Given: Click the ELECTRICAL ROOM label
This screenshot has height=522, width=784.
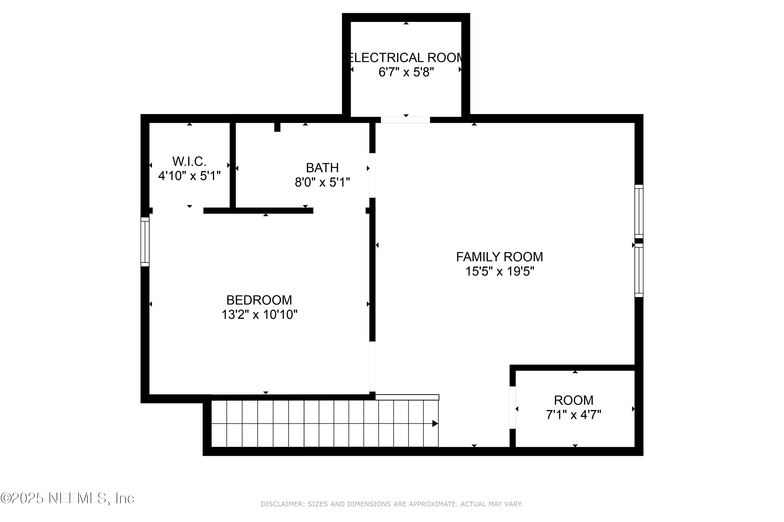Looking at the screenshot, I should (406, 58).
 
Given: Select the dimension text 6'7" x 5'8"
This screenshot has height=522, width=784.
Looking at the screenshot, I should (406, 72).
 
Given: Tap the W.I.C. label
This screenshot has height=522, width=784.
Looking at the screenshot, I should (189, 162).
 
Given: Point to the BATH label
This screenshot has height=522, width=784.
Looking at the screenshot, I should (322, 168).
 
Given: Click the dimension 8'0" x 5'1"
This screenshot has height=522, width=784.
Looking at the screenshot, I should (322, 182).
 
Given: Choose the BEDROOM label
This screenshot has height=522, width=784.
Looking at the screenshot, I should (259, 300).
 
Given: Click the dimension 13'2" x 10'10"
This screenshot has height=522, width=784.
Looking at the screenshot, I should (259, 315).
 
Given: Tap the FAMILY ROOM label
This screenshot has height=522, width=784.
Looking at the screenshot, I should (499, 257).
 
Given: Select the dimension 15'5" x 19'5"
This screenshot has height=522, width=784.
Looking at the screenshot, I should (499, 272).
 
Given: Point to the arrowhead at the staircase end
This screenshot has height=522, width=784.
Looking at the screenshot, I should (435, 424).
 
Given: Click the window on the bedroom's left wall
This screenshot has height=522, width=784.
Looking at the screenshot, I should (145, 242).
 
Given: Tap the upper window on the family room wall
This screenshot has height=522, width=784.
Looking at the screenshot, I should (639, 211).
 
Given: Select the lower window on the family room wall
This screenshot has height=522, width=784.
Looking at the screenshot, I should (639, 270).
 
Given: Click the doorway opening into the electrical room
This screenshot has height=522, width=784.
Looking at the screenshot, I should (405, 120).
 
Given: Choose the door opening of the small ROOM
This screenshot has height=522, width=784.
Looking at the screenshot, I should (513, 407).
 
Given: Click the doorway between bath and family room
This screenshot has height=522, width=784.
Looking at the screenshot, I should (372, 175).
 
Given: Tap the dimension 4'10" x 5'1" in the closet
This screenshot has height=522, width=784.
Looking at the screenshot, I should (189, 176).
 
